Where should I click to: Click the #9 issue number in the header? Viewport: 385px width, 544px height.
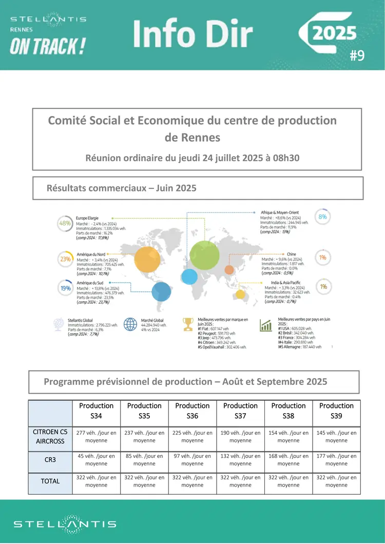(357, 55)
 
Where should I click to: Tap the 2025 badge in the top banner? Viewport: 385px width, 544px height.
(335, 33)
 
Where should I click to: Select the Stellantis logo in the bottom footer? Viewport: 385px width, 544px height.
(65, 524)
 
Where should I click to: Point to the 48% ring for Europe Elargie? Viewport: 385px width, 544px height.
(65, 223)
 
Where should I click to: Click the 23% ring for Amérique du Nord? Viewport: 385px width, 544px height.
(65, 259)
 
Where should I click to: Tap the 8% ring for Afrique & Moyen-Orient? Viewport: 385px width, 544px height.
(322, 217)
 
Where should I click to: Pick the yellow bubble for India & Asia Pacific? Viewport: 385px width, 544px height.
(240, 294)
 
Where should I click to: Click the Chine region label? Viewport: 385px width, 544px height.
(291, 254)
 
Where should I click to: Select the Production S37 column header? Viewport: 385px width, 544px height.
(240, 410)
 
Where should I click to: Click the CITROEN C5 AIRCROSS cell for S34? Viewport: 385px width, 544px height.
(97, 437)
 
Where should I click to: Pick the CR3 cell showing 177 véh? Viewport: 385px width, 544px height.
(336, 459)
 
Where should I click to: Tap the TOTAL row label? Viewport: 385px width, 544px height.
(50, 481)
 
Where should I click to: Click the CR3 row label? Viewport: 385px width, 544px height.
(50, 459)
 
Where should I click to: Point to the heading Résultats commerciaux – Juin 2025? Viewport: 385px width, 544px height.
(122, 188)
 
